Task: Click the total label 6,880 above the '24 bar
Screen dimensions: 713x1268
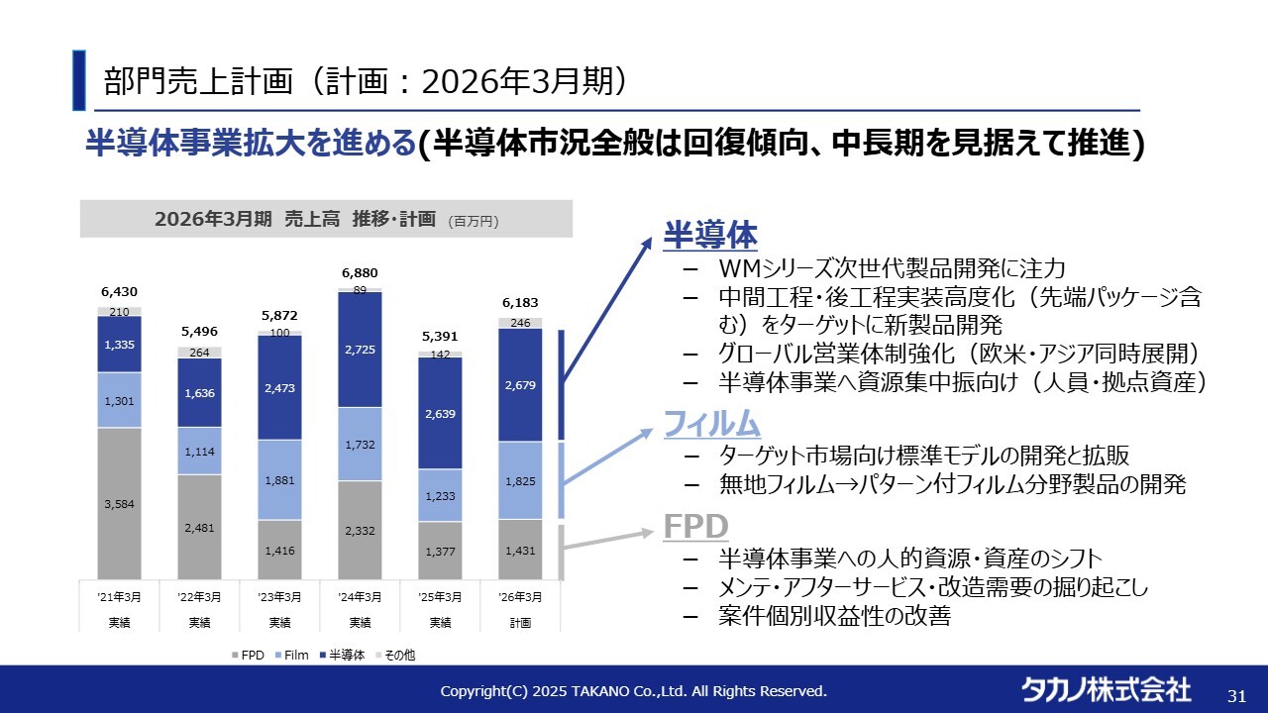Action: [360, 272]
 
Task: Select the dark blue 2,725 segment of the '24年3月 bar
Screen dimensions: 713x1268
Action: [360, 351]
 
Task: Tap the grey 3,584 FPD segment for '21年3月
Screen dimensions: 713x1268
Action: [119, 504]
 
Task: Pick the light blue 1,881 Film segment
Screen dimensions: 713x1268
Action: [279, 480]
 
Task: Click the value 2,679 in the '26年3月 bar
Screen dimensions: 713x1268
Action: [520, 385]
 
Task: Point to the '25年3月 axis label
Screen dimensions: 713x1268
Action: [440, 597]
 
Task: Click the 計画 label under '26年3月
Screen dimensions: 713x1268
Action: [520, 623]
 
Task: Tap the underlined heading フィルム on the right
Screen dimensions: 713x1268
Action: [711, 424]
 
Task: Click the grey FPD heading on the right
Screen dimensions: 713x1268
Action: [695, 526]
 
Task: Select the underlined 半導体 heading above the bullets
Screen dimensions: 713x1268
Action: [710, 236]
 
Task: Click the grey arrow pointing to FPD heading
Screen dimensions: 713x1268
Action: [614, 540]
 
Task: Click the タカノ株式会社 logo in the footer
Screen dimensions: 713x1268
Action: [1107, 689]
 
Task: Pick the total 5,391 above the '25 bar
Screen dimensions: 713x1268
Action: [440, 336]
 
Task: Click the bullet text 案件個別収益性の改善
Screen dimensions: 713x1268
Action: [834, 616]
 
